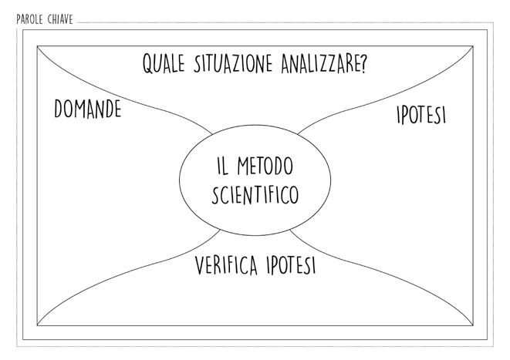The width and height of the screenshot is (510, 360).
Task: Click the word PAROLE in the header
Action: tap(29, 19)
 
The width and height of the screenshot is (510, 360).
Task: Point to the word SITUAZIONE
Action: tap(232, 65)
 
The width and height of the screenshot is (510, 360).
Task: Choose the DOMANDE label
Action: tap(87, 109)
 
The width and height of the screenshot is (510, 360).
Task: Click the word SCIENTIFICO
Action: tap(255, 194)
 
